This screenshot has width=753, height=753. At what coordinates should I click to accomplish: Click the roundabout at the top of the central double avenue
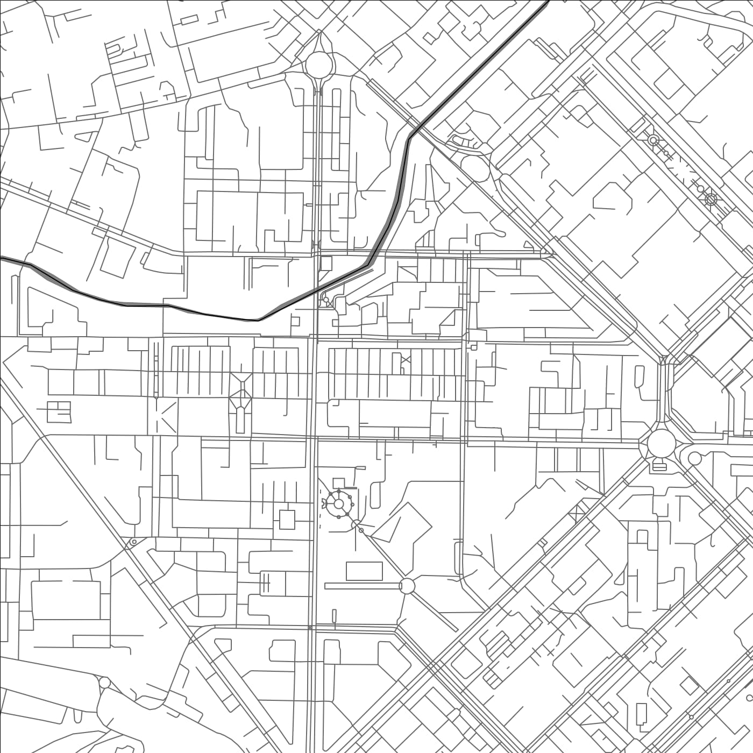coord(319,64)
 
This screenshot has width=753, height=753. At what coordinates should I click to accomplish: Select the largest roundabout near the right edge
coord(661,444)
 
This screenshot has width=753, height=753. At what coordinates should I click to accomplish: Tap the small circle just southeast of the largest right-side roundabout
coord(694,459)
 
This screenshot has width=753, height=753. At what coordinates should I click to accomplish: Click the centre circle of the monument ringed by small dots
coord(339,504)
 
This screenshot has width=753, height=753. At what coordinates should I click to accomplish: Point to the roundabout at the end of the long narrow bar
coord(407,586)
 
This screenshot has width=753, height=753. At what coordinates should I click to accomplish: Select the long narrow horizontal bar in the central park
coord(363,586)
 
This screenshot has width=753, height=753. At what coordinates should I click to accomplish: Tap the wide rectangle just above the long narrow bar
coord(364,571)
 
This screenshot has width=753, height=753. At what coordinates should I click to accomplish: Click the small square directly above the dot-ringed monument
coord(339,482)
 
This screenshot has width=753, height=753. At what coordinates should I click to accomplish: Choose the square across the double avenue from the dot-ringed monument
coord(287,520)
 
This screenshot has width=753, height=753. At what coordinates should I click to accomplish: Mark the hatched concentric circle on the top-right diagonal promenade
coord(711,200)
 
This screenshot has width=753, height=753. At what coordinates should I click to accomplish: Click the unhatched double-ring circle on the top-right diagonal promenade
coord(653,140)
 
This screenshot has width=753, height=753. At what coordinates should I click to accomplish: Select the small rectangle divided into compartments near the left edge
coord(59,411)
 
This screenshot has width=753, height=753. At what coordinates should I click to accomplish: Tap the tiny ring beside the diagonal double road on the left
coord(133,542)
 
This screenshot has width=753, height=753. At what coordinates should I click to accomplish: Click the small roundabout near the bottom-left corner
coord(104,683)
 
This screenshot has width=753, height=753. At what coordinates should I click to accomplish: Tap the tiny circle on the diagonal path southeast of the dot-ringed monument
coord(361,530)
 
